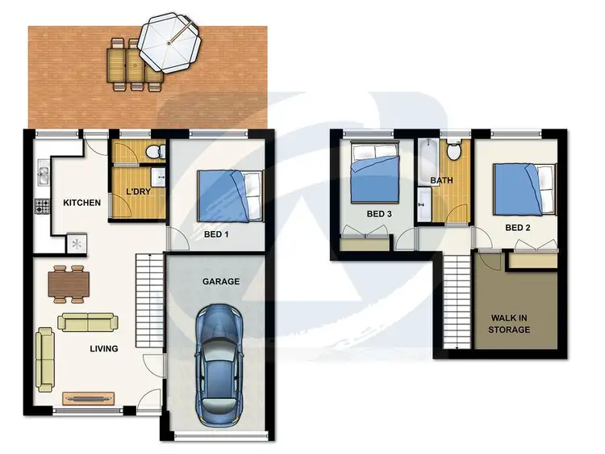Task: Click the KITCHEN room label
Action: coord(81,202)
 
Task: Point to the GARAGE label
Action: coord(220,282)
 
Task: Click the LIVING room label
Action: coord(103,349)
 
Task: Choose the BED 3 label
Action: coord(379,214)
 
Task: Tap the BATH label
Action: coord(441,180)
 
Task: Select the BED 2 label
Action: coord(518,228)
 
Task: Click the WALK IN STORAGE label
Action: coord(510,323)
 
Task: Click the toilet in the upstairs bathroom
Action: coord(455,150)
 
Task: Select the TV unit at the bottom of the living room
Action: coord(89,397)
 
